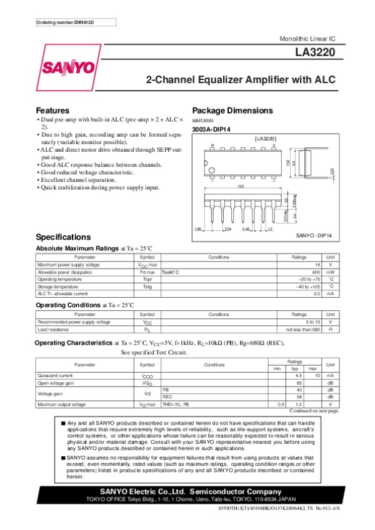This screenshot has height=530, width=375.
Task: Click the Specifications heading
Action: click(x=64, y=238)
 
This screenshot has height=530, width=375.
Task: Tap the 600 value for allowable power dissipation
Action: click(x=316, y=272)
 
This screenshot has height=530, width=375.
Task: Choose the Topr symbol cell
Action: click(x=147, y=279)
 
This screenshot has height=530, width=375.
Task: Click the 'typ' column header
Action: click(x=299, y=369)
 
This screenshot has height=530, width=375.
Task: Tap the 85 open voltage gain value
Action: click(x=299, y=382)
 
